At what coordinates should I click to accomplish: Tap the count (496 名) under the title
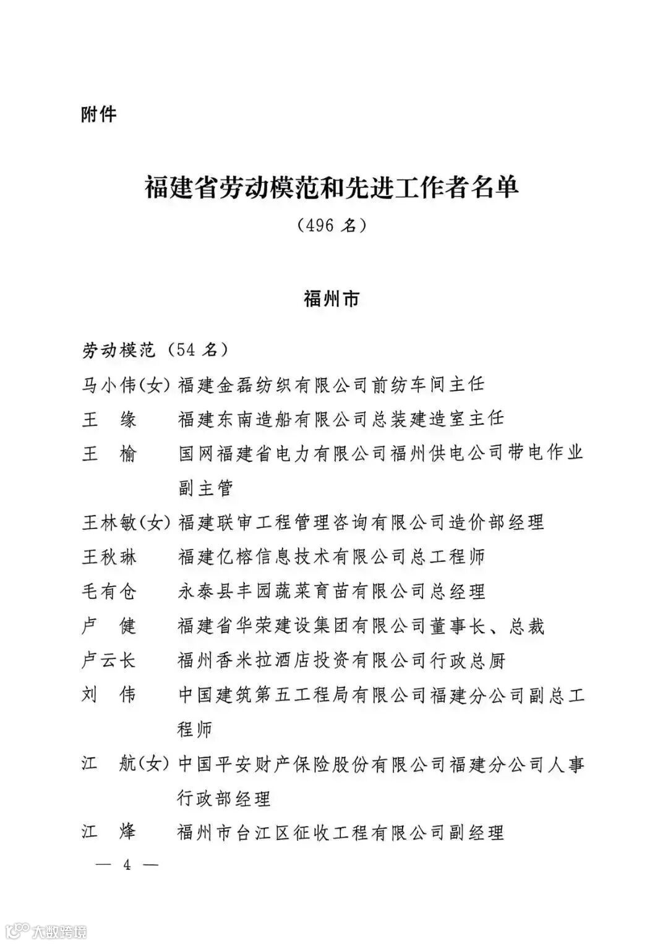point(332,226)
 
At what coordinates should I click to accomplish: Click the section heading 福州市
point(332,300)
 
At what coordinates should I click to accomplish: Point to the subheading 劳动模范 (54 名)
point(155,351)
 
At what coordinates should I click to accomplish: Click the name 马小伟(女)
point(126,385)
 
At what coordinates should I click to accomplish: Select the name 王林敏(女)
point(126,523)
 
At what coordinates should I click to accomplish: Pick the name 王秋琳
point(109,557)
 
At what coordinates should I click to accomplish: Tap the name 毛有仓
point(109,592)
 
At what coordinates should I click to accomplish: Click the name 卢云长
point(109,660)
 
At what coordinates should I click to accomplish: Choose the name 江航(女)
point(126,764)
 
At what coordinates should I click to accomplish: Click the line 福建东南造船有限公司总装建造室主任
point(341,419)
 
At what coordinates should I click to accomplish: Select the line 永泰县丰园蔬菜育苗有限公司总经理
point(332,592)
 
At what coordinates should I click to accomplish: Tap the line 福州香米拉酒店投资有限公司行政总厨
point(341,660)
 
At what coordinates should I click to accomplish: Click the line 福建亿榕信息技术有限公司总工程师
point(332,557)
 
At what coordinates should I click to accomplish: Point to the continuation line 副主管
point(206,488)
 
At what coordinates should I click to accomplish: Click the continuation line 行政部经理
point(225,799)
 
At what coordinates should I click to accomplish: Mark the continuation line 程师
point(195,729)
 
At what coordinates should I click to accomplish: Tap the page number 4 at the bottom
point(127,865)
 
